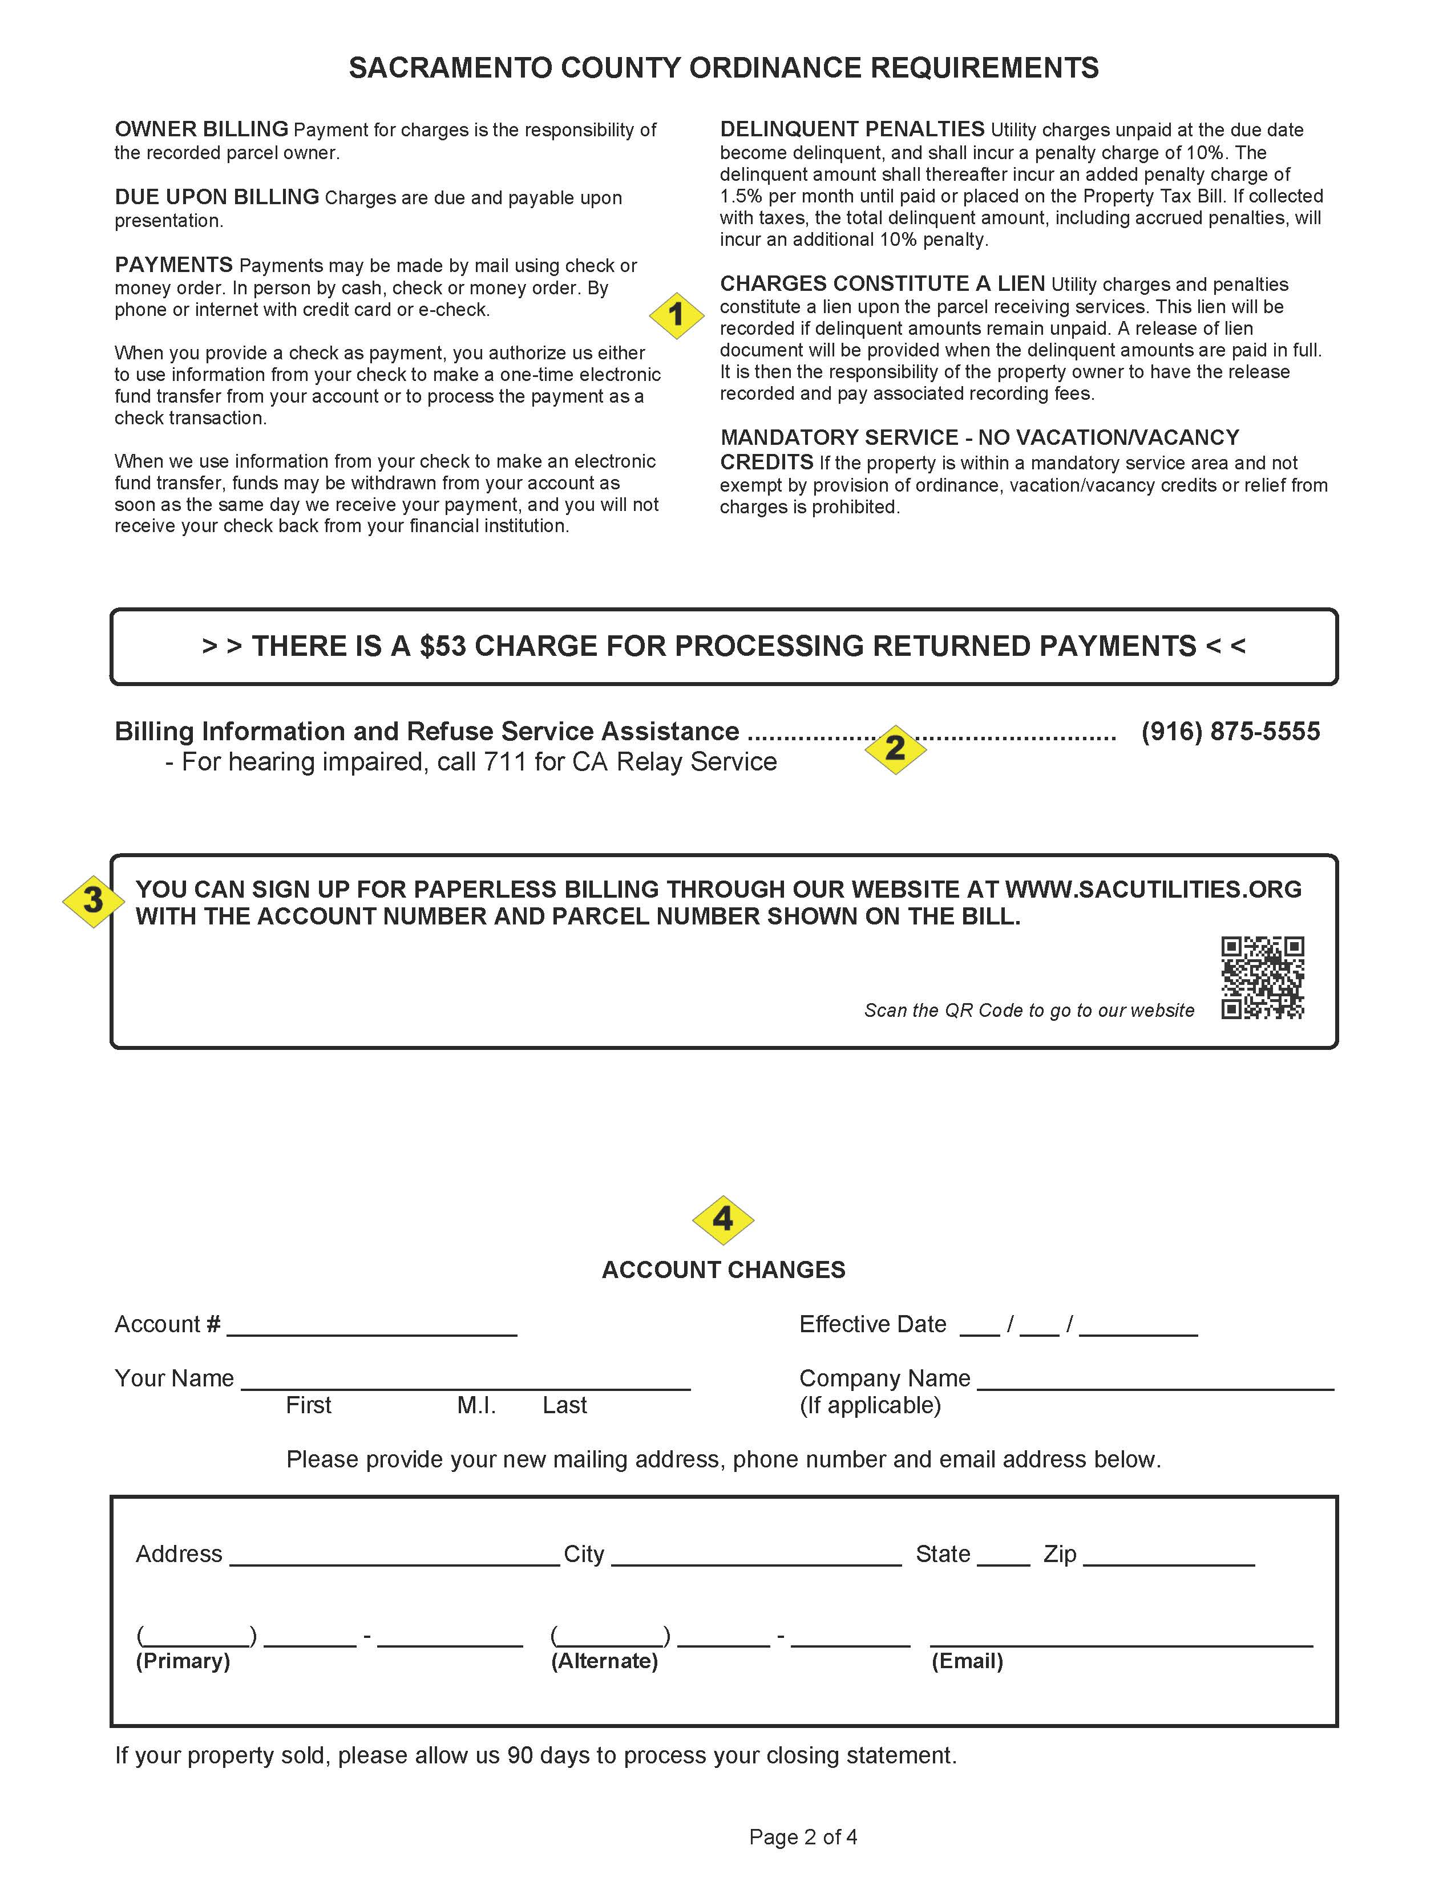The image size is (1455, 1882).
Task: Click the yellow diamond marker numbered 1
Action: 676,315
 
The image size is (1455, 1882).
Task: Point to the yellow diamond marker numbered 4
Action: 722,1219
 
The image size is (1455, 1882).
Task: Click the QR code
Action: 1262,978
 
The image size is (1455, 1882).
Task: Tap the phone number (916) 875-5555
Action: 1230,732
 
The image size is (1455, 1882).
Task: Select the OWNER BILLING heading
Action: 201,129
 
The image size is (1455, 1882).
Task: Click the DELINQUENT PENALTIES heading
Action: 852,129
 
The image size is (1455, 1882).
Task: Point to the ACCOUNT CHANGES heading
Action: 723,1270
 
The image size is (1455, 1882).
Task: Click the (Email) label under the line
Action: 966,1661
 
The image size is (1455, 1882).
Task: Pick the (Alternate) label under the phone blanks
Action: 604,1661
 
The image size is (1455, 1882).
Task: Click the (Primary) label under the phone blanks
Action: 183,1661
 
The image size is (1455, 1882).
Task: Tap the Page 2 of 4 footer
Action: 802,1837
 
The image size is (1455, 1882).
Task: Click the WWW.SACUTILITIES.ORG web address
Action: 1153,889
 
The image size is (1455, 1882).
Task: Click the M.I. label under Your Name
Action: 476,1405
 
